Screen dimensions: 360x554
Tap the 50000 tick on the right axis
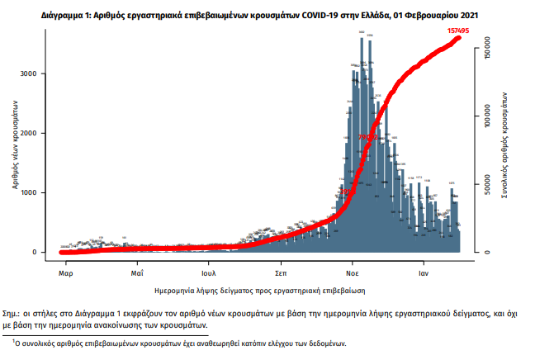pyautogui.click(x=487, y=185)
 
